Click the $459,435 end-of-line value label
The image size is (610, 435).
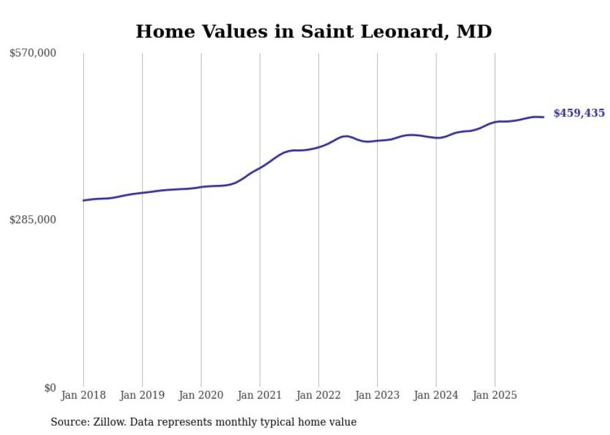[579, 113]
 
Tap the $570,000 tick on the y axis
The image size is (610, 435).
[33, 54]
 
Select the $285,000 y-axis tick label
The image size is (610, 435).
[33, 220]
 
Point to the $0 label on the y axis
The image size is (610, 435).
[50, 388]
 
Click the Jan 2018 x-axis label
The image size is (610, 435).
[83, 395]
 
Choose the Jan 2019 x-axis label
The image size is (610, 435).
[142, 395]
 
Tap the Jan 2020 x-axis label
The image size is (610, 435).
[201, 395]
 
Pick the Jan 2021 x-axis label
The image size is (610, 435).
[260, 395]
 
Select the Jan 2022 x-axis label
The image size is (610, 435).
[319, 395]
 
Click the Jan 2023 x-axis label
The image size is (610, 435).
[377, 395]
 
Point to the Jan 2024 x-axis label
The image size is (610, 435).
[436, 395]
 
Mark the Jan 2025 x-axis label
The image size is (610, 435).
[495, 395]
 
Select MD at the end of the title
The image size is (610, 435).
[476, 32]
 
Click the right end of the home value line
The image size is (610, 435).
[543, 117]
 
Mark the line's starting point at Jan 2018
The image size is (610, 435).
[83, 200]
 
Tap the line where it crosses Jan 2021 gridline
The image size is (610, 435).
[260, 167]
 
